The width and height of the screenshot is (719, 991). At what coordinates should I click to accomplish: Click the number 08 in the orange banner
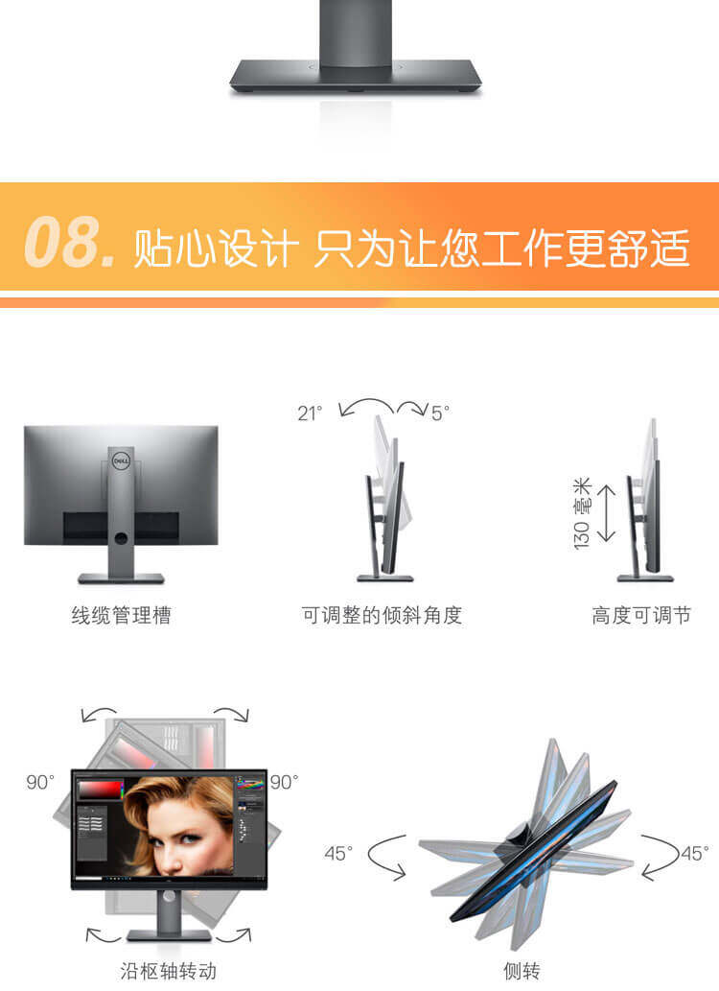click(x=62, y=242)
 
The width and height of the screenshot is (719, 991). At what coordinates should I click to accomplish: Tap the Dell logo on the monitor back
click(x=121, y=461)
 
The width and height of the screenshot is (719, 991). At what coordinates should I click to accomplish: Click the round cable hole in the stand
click(x=121, y=538)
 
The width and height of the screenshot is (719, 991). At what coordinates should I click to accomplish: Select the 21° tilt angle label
click(x=310, y=413)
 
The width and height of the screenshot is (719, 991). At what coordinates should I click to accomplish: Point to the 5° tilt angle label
click(x=440, y=413)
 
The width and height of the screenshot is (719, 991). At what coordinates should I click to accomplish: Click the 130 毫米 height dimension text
click(x=582, y=513)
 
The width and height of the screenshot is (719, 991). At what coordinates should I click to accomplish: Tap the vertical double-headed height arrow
click(x=606, y=513)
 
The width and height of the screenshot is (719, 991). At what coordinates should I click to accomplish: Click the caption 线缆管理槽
click(x=121, y=615)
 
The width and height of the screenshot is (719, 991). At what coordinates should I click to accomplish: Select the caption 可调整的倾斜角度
click(x=382, y=615)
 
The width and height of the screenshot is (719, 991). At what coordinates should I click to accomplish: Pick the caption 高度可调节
click(x=641, y=615)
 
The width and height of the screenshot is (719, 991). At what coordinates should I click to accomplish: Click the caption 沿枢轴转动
click(x=168, y=971)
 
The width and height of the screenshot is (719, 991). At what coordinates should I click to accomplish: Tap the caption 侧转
click(x=522, y=971)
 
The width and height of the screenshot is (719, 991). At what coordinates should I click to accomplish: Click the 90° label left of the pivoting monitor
click(x=40, y=783)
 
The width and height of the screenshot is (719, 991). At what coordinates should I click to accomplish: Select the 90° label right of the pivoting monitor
click(x=285, y=783)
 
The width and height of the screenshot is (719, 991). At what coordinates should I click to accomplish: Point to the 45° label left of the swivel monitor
click(x=338, y=854)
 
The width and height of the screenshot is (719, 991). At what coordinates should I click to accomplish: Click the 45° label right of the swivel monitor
click(x=694, y=854)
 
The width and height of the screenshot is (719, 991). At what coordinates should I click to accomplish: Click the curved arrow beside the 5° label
click(x=412, y=407)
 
